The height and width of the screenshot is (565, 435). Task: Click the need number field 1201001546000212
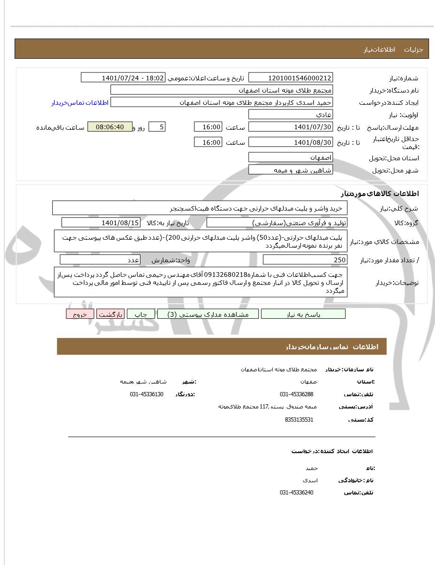click(290, 78)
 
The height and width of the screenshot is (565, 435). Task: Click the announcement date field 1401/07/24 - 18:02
click(123, 78)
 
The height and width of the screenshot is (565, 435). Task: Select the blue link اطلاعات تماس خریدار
click(79, 102)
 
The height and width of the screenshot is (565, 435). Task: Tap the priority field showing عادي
click(290, 115)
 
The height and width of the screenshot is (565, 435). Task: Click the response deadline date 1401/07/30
click(290, 127)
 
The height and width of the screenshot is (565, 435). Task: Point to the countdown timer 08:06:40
click(110, 127)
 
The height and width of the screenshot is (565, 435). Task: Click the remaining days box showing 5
click(157, 127)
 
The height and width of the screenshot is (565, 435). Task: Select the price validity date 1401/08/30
click(290, 142)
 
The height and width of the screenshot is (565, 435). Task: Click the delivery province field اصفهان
click(290, 157)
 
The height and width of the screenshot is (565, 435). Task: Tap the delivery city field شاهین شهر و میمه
click(290, 170)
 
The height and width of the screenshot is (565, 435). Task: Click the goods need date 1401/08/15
click(101, 222)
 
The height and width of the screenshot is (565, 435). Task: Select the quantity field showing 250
click(305, 260)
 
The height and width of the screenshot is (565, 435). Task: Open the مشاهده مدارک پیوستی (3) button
click(208, 314)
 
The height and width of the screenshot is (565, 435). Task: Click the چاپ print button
click(141, 314)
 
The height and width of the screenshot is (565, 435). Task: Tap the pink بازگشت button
click(110, 314)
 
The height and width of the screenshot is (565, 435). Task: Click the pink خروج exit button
click(80, 314)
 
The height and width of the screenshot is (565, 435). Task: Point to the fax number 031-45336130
click(147, 394)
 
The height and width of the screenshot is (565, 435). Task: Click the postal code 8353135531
click(299, 419)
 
